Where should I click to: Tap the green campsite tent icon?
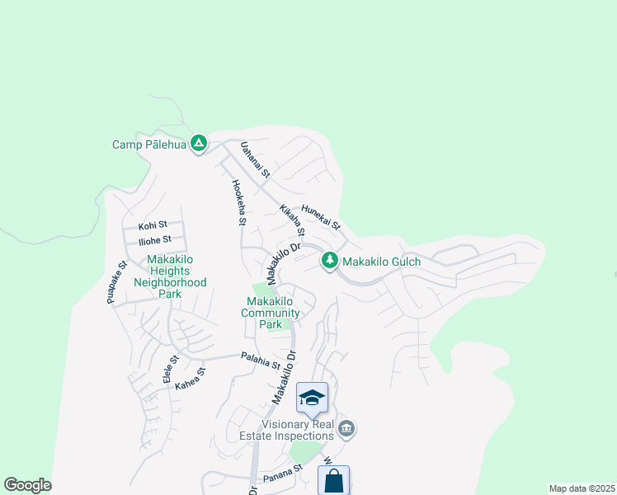[198, 144]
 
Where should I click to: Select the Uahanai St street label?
[255, 159]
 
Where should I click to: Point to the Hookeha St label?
[239, 202]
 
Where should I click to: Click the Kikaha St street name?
[292, 219]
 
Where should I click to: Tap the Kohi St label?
[153, 224]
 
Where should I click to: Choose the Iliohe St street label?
[154, 240]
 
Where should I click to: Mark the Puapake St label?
[115, 283]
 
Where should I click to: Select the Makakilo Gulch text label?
[381, 262]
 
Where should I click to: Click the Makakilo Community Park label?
[271, 313]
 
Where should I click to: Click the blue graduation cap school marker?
[312, 398]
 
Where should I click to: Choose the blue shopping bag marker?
[333, 480]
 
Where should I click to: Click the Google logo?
[27, 485]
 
